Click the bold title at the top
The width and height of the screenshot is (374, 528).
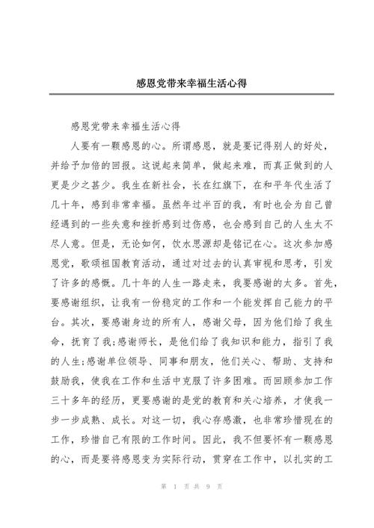pos(188,83)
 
